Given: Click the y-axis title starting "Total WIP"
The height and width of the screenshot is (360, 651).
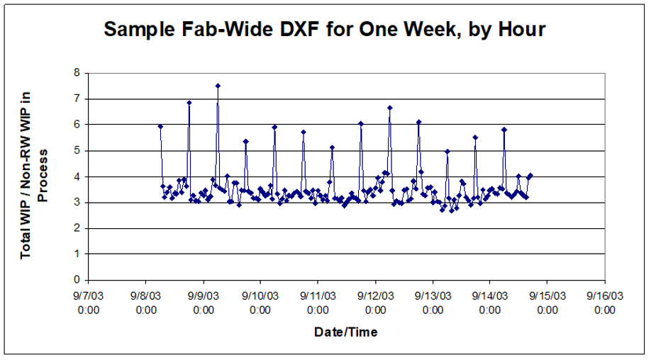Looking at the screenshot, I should tap(34, 176).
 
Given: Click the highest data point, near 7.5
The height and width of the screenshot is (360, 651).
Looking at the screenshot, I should tap(218, 86).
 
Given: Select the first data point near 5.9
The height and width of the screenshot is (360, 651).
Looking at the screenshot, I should tap(160, 126).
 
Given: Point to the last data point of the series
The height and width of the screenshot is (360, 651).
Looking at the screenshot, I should tap(530, 175).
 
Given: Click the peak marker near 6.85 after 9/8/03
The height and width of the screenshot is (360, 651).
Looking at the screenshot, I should tap(189, 103).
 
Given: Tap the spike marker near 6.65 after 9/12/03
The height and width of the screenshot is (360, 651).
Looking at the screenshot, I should tap(389, 108).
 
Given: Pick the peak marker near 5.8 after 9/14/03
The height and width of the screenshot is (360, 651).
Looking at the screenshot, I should tap(503, 130).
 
